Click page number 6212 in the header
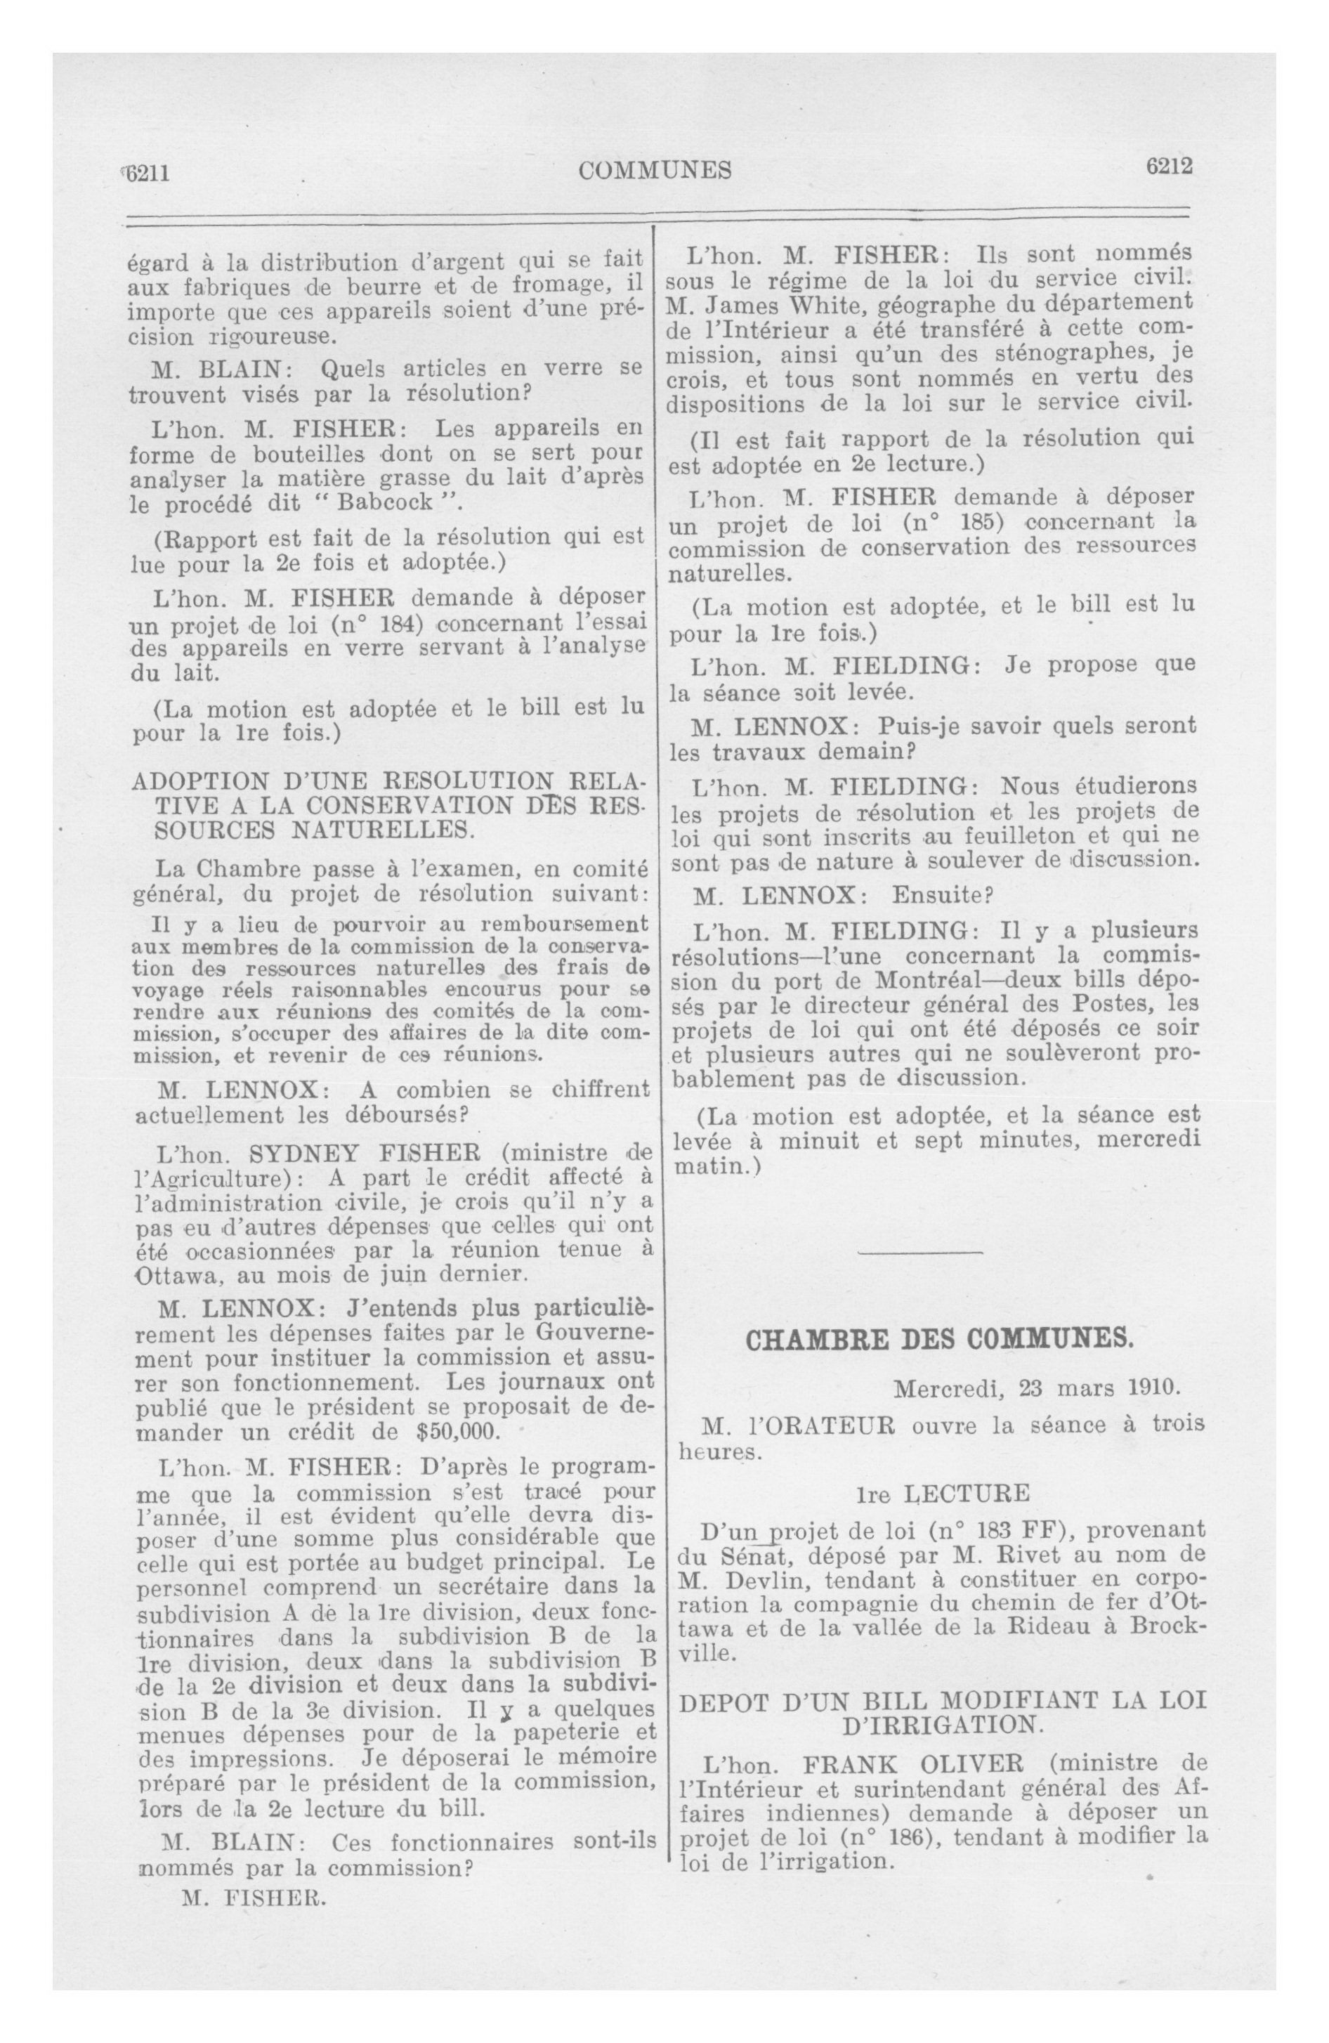coord(1168,167)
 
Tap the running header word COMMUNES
coord(655,171)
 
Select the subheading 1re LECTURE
coord(942,1494)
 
